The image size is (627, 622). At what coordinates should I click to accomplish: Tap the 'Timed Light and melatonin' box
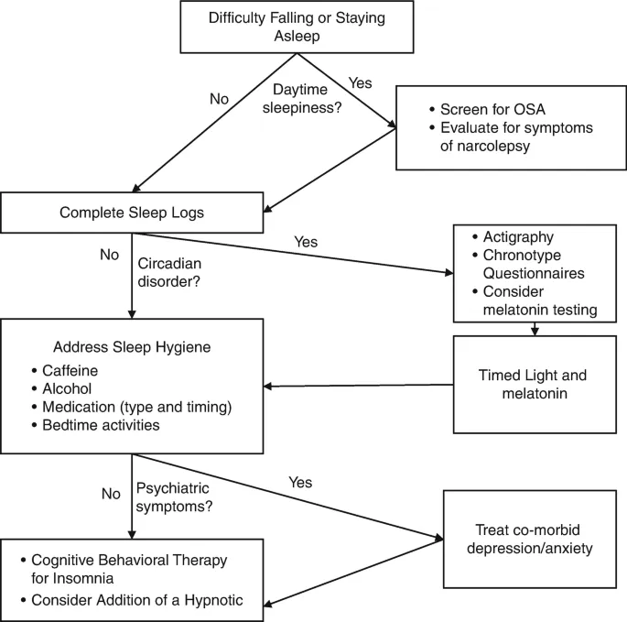click(x=532, y=385)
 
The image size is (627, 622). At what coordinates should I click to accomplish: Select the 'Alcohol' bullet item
click(x=67, y=388)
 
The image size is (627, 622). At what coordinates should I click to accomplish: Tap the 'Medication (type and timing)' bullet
click(x=137, y=407)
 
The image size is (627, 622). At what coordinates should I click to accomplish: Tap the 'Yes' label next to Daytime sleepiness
click(x=360, y=82)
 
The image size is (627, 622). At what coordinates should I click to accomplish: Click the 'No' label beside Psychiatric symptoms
click(x=111, y=493)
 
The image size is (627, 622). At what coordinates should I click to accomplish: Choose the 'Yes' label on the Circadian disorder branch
click(x=306, y=243)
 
